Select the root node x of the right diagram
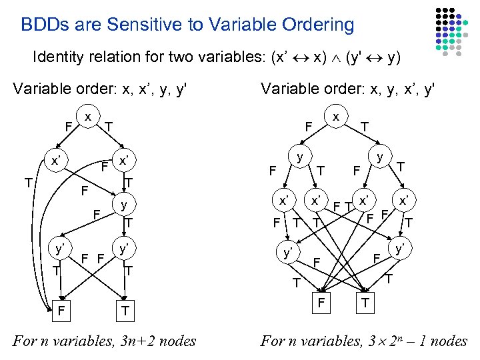pyautogui.click(x=336, y=116)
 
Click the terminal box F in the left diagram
pyautogui.click(x=61, y=310)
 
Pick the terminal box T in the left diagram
pyautogui.click(x=125, y=310)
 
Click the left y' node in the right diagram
pyautogui.click(x=288, y=253)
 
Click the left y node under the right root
pyautogui.click(x=301, y=157)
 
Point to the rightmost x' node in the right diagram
pyautogui.click(x=403, y=199)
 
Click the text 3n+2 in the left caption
pyautogui.click(x=139, y=341)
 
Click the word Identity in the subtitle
pyautogui.click(x=56, y=57)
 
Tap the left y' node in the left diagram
pyautogui.click(x=60, y=248)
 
